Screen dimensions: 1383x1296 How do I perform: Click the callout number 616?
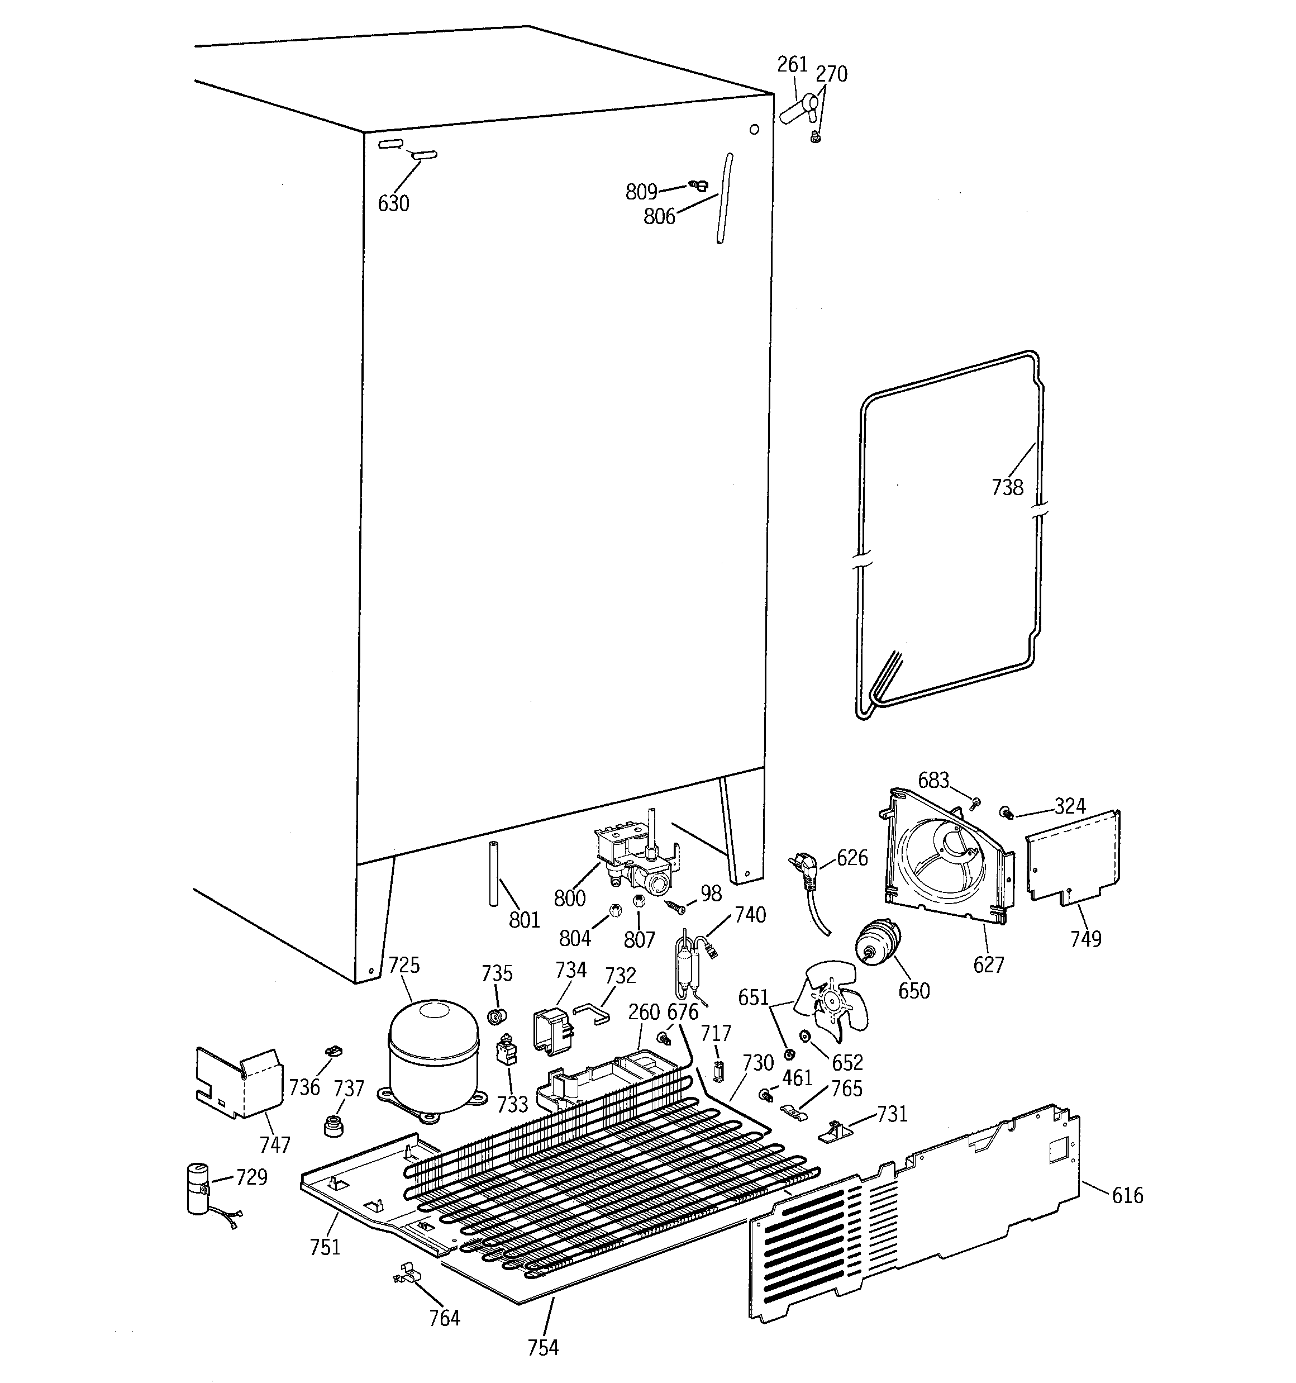[1127, 1195]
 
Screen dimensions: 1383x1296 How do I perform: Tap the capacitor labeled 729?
[199, 1190]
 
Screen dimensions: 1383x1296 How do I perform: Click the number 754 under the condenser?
[542, 1348]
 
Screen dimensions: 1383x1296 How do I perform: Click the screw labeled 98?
[674, 906]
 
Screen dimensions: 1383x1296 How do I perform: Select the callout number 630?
[393, 204]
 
